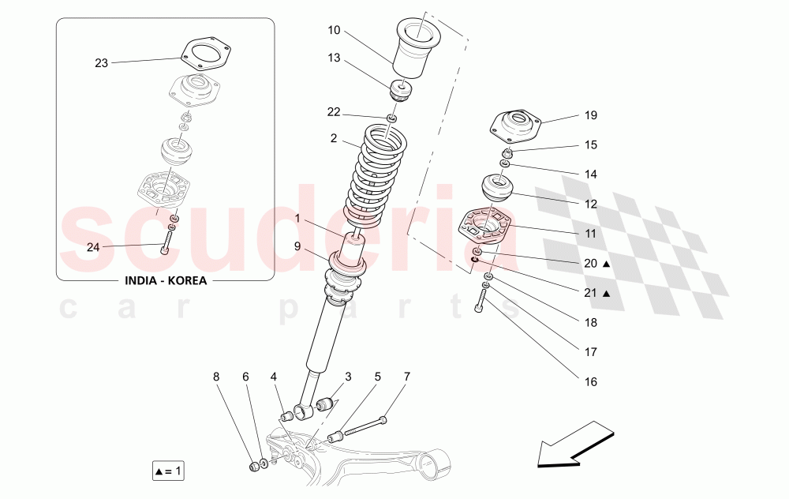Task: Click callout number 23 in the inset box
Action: click(101, 63)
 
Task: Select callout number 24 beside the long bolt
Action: click(93, 247)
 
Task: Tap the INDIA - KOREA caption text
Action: click(165, 280)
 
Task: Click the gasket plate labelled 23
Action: click(204, 54)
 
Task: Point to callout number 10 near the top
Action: click(334, 30)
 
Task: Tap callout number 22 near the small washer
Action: click(334, 112)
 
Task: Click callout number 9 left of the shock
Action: click(297, 246)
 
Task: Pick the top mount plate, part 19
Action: click(516, 126)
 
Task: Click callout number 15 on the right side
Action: click(591, 144)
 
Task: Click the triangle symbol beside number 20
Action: click(607, 264)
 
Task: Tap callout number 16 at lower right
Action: click(591, 381)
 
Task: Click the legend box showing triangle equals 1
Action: click(168, 472)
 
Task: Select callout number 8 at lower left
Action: click(216, 377)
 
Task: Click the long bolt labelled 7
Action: click(363, 426)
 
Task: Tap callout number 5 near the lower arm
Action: click(377, 377)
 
